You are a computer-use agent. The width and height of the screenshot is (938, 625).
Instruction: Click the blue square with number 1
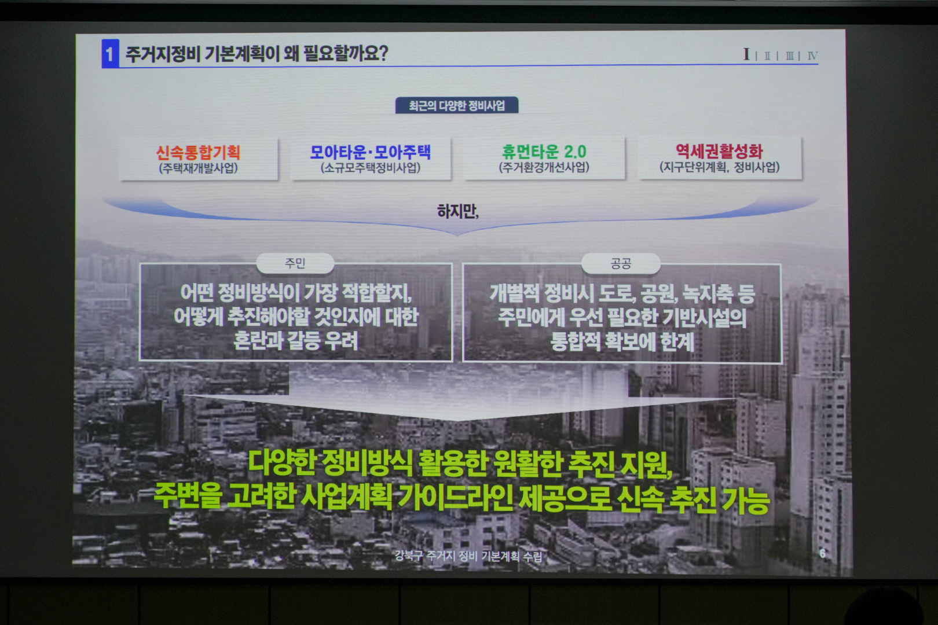coord(110,54)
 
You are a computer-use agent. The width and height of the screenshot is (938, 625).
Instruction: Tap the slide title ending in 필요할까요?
coord(257,54)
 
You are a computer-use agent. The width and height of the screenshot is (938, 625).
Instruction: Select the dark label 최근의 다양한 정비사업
coord(457,105)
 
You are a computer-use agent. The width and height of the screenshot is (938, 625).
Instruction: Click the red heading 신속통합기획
coord(198,152)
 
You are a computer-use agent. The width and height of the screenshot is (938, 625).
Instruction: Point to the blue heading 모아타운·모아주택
coord(370,152)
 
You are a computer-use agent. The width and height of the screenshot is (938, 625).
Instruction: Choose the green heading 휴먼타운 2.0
coord(544,152)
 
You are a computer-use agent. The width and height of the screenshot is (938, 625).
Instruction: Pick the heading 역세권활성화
coord(719,151)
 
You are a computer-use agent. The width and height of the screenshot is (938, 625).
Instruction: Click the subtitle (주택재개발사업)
coord(198,168)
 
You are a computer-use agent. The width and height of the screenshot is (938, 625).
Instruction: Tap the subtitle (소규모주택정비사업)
coord(370,168)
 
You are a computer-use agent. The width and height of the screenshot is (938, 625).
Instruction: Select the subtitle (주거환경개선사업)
coord(544,167)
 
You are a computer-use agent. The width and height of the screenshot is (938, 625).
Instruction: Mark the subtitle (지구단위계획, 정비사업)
coord(719,167)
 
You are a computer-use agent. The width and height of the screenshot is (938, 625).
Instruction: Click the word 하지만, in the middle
coord(457,211)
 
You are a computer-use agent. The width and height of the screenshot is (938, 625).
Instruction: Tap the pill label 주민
coord(295,263)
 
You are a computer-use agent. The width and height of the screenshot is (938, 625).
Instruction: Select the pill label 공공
coord(621,264)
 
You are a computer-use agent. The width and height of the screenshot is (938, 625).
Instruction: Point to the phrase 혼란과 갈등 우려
coord(296,341)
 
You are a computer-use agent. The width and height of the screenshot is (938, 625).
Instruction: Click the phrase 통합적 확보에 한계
coord(622,341)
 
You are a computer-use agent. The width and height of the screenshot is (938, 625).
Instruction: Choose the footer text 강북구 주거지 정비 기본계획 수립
coord(468,556)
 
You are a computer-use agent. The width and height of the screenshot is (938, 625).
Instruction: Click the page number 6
coord(822,553)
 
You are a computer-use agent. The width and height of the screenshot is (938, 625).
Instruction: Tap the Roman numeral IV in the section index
coord(812,56)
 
